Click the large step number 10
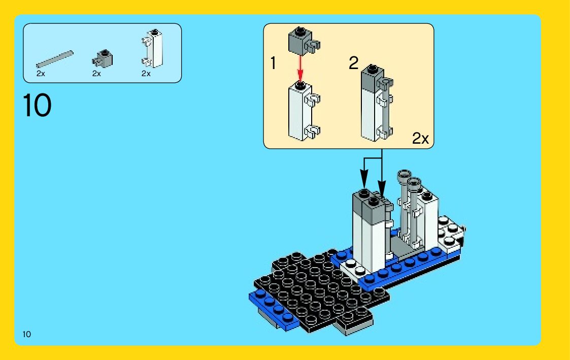[37, 106]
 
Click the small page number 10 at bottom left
[27, 334]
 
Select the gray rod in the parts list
[55, 59]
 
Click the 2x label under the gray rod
[41, 74]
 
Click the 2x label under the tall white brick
[146, 74]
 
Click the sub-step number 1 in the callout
[274, 64]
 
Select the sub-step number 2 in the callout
[353, 63]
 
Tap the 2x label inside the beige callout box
[420, 139]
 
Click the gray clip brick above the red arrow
[301, 41]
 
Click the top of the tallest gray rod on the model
[405, 175]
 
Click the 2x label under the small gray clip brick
[97, 74]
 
